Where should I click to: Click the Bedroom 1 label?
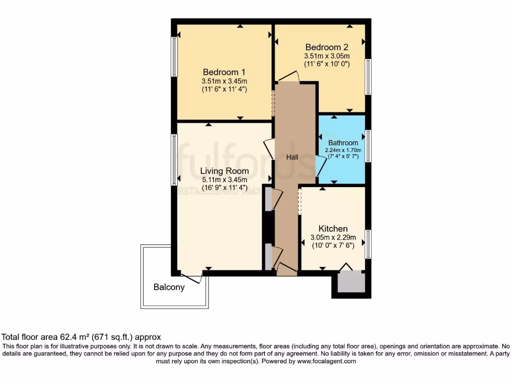pos(224,71)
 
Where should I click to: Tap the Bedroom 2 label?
pos(326,47)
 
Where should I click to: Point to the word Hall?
pos(292,157)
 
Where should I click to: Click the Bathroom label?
pos(343,142)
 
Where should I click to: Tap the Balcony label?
pos(169,287)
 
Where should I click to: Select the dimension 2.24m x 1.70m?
pos(343,149)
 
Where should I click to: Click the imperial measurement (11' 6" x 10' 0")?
pos(326,64)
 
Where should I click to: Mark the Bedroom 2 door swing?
pos(288,76)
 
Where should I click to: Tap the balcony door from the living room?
pos(191,278)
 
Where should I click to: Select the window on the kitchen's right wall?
pos(368,244)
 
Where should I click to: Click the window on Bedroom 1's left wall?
pos(174,56)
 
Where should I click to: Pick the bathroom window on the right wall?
pos(368,145)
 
